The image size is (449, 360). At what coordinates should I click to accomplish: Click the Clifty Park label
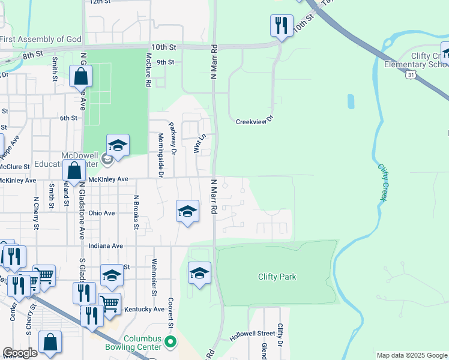pos(277,277)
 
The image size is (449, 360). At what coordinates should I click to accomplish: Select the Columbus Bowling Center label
pos(143,343)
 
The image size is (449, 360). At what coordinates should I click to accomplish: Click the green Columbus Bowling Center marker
pos(171,343)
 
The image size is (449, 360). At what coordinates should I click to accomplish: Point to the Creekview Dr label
pos(255,119)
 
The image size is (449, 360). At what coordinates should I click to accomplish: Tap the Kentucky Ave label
pos(143,310)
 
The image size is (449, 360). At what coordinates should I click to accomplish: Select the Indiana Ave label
pos(105,245)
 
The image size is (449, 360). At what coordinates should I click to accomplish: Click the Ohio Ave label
pos(101,213)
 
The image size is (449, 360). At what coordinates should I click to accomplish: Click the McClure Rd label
pos(148,70)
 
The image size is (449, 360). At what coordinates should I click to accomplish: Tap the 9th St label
pos(165,62)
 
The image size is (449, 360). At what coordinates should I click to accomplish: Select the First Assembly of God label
pos(40,40)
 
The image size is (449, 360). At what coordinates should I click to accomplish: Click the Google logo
pos(20,353)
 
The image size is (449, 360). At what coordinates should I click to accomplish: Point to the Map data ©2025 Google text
pos(412,355)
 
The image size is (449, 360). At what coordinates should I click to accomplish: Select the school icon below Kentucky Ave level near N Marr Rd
pos(199,273)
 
